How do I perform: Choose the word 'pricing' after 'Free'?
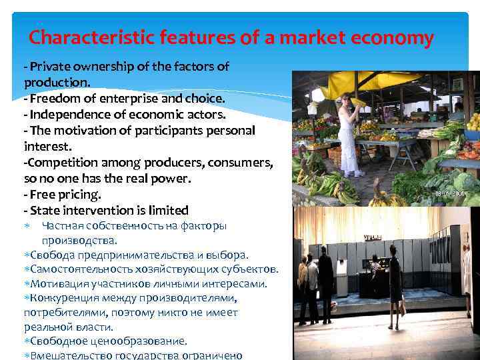coord(79,195)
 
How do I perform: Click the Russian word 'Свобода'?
coord(48,255)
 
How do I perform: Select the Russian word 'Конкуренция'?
coord(65,298)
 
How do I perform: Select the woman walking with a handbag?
coord(395,283)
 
